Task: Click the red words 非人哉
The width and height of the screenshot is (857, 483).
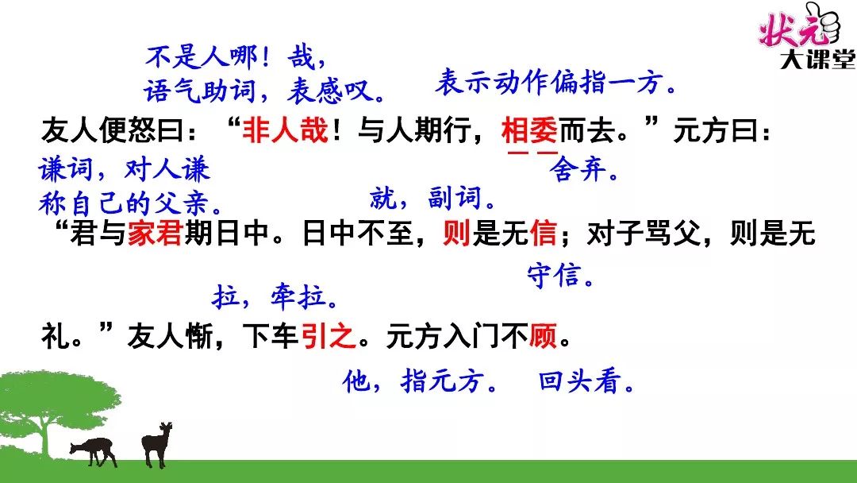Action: (286, 131)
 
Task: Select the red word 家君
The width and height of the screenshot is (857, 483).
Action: (155, 233)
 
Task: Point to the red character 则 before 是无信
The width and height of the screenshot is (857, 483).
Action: (456, 233)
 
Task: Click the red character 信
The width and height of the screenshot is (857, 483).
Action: (543, 233)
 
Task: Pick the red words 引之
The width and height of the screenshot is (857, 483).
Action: (328, 335)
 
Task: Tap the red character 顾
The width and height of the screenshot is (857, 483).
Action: (543, 335)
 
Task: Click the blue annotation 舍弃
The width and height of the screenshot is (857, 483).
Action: (584, 169)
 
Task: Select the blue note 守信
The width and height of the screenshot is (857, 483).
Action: (560, 275)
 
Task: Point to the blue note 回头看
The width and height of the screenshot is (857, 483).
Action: (586, 381)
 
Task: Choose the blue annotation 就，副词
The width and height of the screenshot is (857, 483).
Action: (432, 198)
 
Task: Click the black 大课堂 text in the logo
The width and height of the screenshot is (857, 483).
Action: (817, 59)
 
